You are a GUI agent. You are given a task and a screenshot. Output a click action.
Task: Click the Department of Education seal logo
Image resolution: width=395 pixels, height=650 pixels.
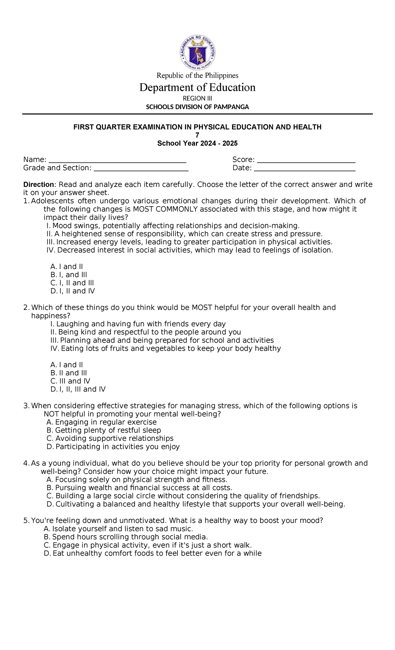click(197, 53)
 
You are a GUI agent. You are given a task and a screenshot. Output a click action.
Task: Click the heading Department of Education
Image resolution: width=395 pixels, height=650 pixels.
click(197, 87)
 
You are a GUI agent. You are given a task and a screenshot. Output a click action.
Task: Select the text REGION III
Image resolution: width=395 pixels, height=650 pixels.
click(197, 98)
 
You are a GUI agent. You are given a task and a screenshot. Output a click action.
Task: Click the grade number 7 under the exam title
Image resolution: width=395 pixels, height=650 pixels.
click(197, 135)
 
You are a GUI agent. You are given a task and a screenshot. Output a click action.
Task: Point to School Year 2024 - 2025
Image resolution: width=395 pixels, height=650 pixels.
click(197, 143)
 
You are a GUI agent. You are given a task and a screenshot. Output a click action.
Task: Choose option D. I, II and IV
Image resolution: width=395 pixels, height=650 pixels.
click(73, 291)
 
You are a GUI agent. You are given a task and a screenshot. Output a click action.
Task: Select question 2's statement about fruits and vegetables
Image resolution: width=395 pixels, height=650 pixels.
click(166, 348)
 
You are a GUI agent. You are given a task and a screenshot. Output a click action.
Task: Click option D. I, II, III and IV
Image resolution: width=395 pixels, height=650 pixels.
click(78, 389)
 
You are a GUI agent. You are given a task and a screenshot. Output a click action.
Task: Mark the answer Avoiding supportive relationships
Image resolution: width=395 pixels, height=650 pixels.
click(110, 438)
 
